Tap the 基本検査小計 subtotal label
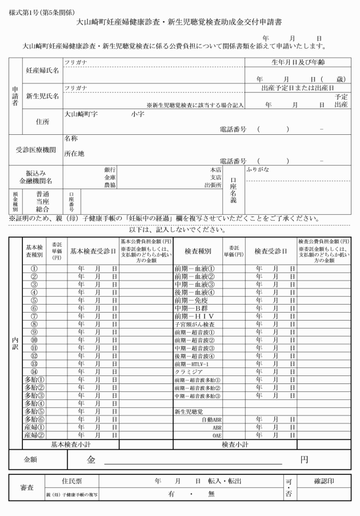pyautogui.click(x=71, y=444)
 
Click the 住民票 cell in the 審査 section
pyautogui.click(x=71, y=482)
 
